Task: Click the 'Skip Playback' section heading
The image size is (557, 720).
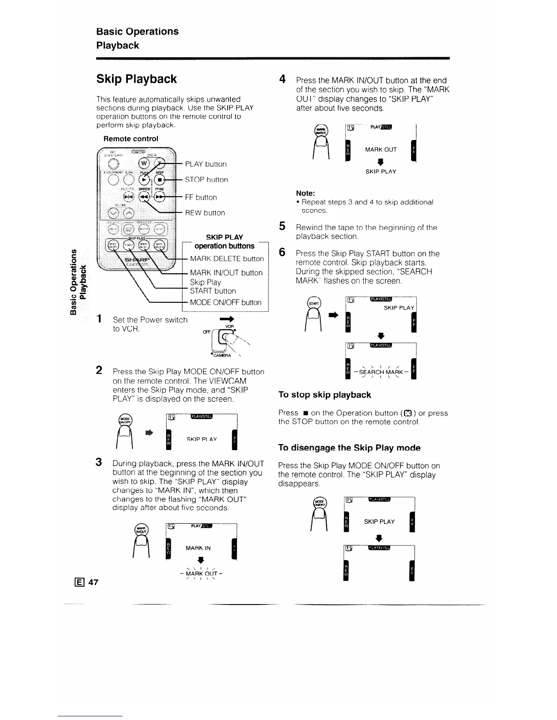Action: point(137,79)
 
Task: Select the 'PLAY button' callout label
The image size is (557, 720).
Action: point(206,164)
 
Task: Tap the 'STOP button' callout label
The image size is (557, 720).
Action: point(206,180)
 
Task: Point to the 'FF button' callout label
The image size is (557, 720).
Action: point(201,197)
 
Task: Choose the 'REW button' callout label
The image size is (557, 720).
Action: point(205,213)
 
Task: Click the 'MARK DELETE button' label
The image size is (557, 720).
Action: point(227,259)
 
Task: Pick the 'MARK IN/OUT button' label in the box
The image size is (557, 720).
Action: point(226,273)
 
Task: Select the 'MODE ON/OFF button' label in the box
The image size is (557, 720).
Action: point(226,303)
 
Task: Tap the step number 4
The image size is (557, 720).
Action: point(282,80)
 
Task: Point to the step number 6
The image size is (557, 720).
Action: point(282,253)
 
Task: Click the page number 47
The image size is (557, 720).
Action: point(93,582)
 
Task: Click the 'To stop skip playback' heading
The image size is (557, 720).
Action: point(324,395)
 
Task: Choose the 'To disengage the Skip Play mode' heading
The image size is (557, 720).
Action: point(349,448)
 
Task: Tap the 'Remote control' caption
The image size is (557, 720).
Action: point(131,139)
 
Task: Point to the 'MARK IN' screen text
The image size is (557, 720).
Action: point(198,548)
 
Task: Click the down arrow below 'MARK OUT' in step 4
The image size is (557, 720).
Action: point(381,161)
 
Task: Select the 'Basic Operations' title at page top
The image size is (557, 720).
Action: point(137,31)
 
